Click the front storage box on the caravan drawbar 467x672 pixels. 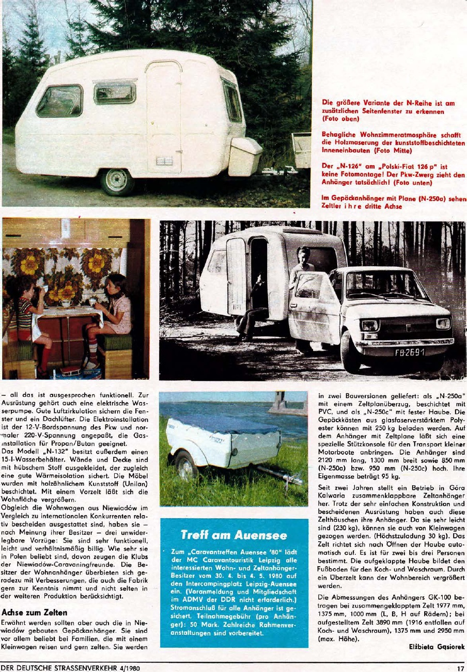(x=244, y=156)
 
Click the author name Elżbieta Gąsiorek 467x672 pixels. (x=437, y=646)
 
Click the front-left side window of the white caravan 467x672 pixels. (x=59, y=101)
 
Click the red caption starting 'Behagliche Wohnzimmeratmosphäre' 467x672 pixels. (x=390, y=143)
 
